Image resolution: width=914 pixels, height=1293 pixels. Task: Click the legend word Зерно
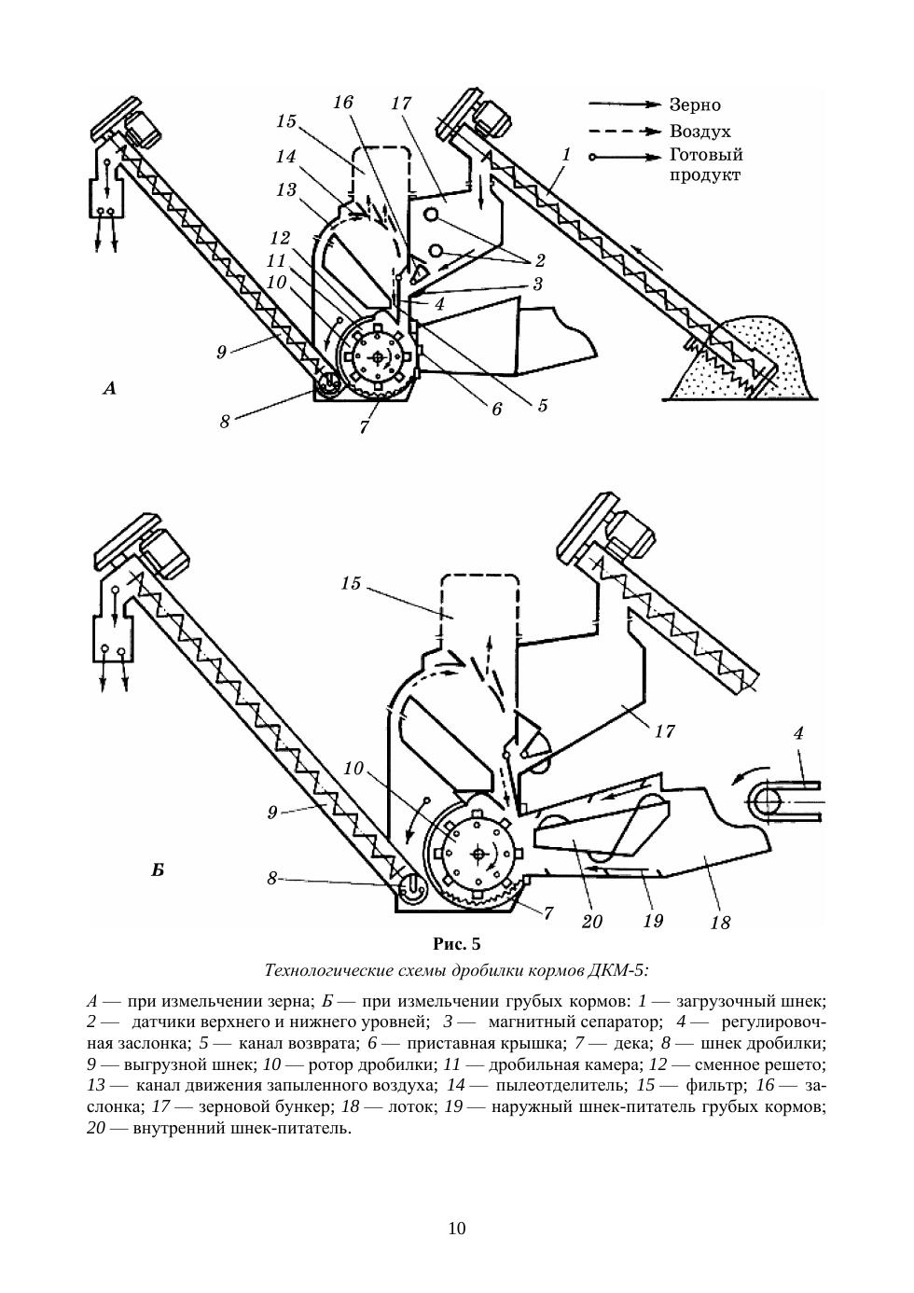click(x=695, y=105)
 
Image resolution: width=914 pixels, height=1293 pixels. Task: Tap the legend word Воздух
click(x=699, y=132)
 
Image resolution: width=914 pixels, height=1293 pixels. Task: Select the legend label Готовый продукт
click(x=705, y=165)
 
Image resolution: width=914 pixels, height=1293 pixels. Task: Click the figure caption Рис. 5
click(x=457, y=943)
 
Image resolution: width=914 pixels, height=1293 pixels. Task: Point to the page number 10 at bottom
click(x=457, y=1228)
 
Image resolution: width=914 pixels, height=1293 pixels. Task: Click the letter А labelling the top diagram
click(x=109, y=388)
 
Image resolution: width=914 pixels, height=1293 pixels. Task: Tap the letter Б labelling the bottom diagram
click(x=158, y=871)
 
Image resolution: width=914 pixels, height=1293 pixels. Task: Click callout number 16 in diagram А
click(x=343, y=102)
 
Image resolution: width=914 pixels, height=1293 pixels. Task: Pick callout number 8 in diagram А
click(x=225, y=421)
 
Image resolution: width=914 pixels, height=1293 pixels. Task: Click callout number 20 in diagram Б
click(x=591, y=922)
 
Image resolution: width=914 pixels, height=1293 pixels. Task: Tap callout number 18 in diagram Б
click(x=719, y=923)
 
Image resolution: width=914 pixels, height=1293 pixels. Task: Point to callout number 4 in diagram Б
click(x=798, y=734)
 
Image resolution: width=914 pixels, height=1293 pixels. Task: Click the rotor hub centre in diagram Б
click(x=478, y=852)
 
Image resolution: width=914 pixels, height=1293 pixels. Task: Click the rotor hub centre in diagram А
click(x=376, y=357)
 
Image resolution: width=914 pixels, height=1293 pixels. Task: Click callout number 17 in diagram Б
click(x=664, y=732)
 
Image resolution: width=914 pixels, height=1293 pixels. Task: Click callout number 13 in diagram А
click(x=286, y=190)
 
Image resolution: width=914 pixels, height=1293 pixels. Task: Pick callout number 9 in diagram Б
click(x=272, y=813)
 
